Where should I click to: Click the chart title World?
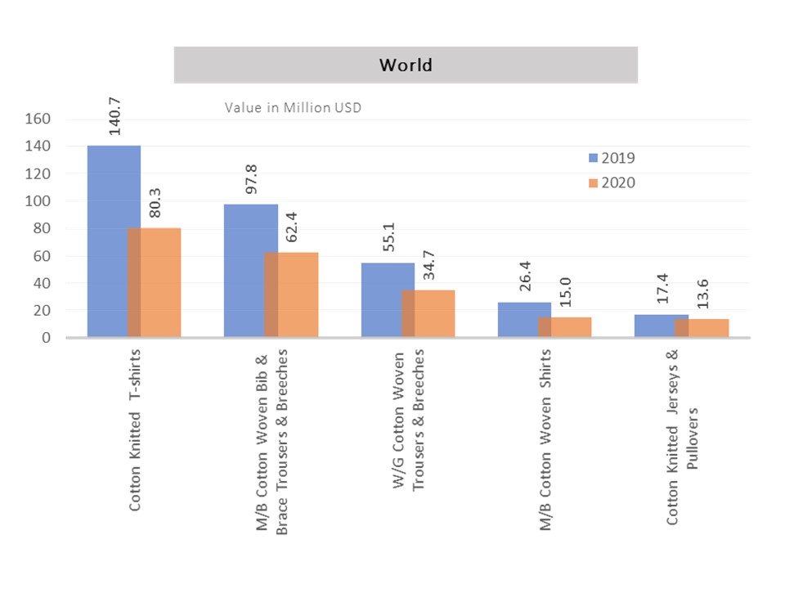pos(406,65)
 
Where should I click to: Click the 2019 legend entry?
pos(610,158)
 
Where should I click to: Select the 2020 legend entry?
pos(610,182)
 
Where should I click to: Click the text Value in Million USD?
pos(293,107)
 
